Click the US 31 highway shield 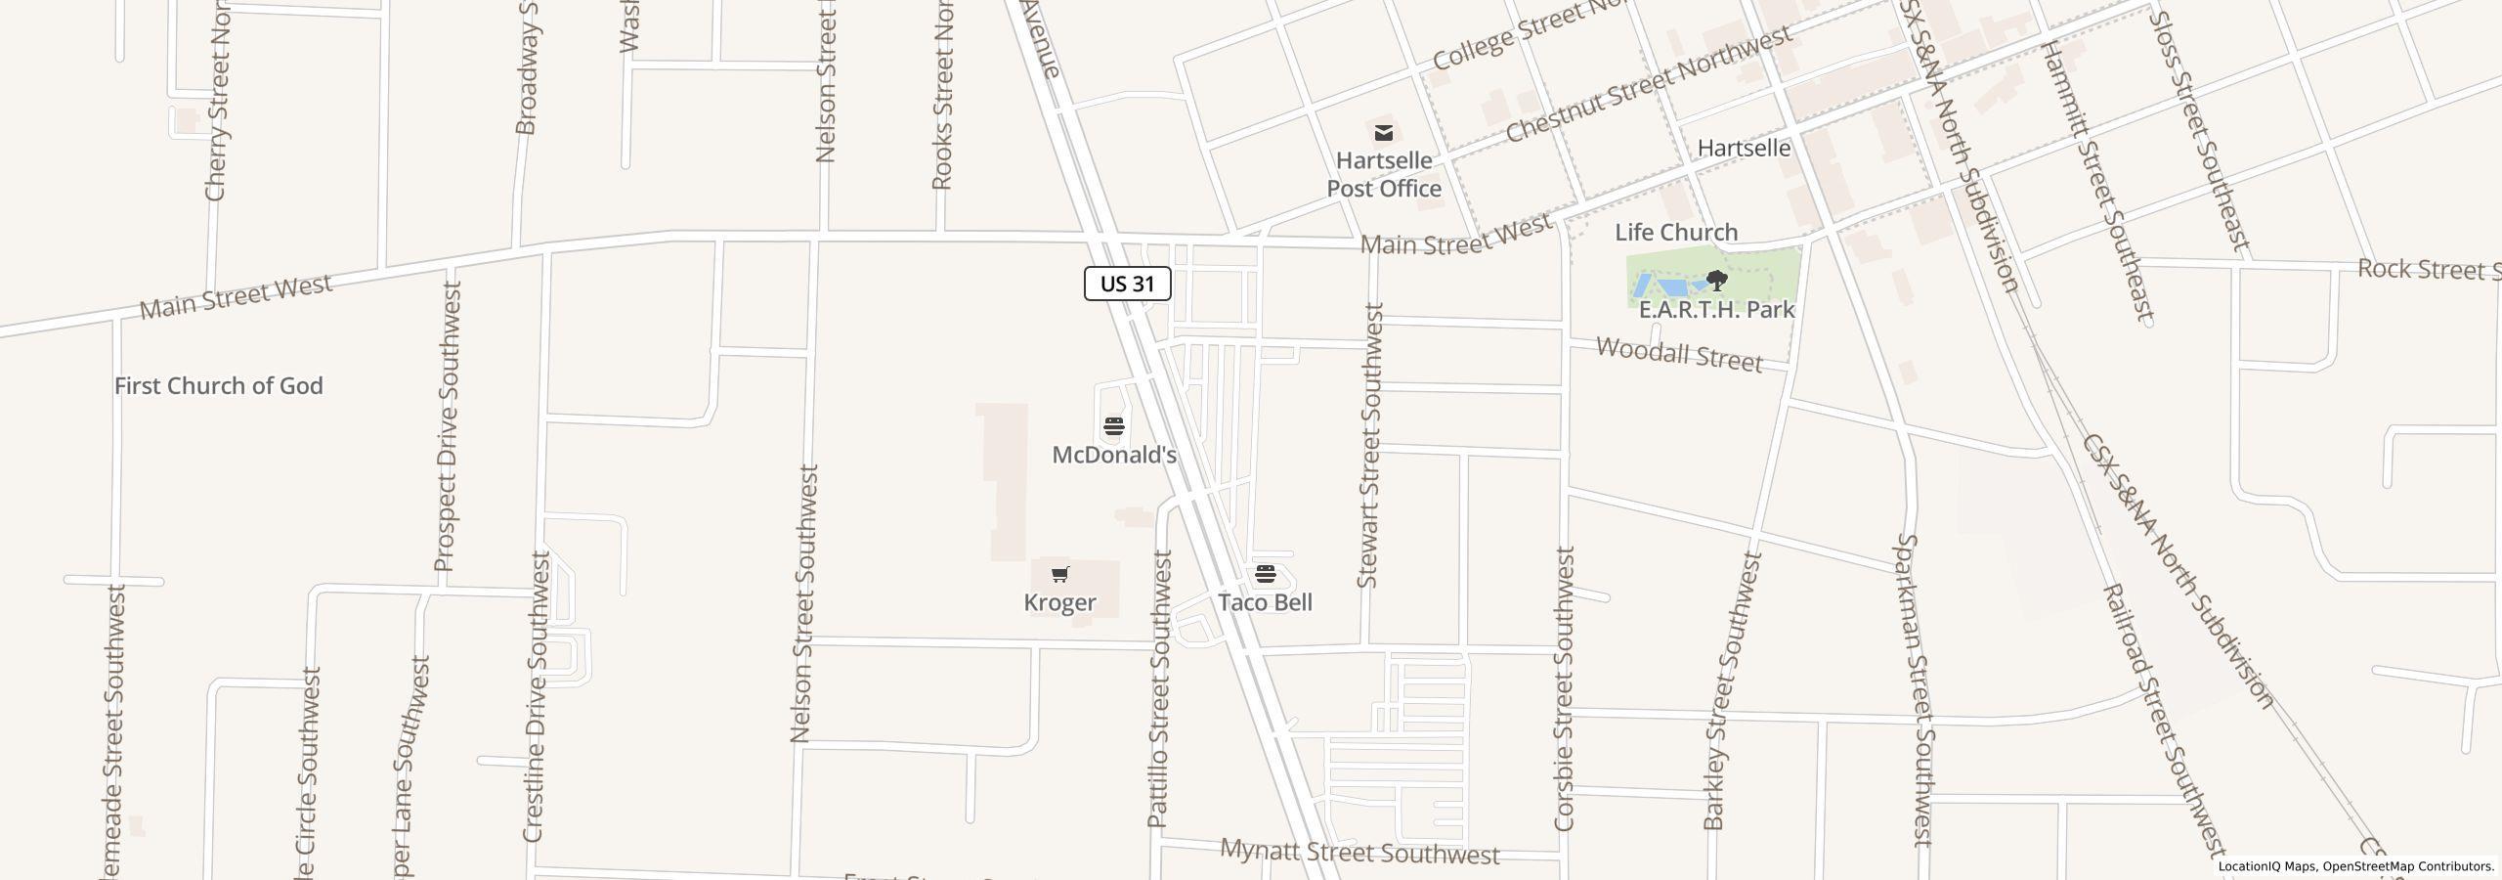pyautogui.click(x=1127, y=284)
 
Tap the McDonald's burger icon pyautogui.click(x=1113, y=426)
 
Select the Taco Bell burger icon pyautogui.click(x=1266, y=573)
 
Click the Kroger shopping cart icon pyautogui.click(x=1060, y=574)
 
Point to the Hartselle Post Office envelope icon pyautogui.click(x=1383, y=132)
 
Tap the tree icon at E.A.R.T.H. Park pyautogui.click(x=1716, y=282)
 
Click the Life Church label pyautogui.click(x=1675, y=233)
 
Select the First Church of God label pyautogui.click(x=218, y=386)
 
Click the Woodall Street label pyautogui.click(x=1678, y=354)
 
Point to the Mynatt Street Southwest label pyautogui.click(x=1359, y=853)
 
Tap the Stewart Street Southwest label pyautogui.click(x=1370, y=445)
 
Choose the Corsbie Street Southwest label pyautogui.click(x=1564, y=688)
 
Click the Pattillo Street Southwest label pyautogui.click(x=1159, y=688)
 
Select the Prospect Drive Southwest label pyautogui.click(x=447, y=426)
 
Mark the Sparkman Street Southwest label pyautogui.click(x=1914, y=688)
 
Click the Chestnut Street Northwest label pyautogui.click(x=1648, y=84)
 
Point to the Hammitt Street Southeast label pyautogui.click(x=2096, y=181)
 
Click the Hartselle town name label pyautogui.click(x=1744, y=149)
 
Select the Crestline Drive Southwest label pyautogui.click(x=537, y=696)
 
